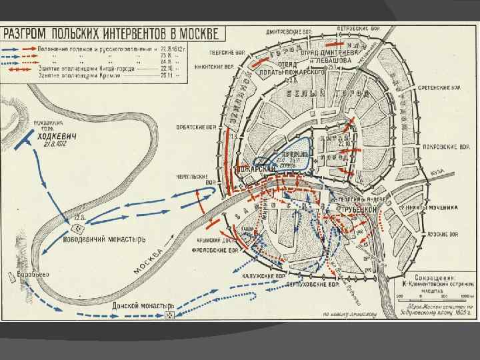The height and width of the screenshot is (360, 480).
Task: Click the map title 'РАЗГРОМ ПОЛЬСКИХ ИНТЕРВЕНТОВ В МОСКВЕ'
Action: pos(113,33)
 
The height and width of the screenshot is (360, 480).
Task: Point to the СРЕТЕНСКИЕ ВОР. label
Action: pos(439,87)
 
